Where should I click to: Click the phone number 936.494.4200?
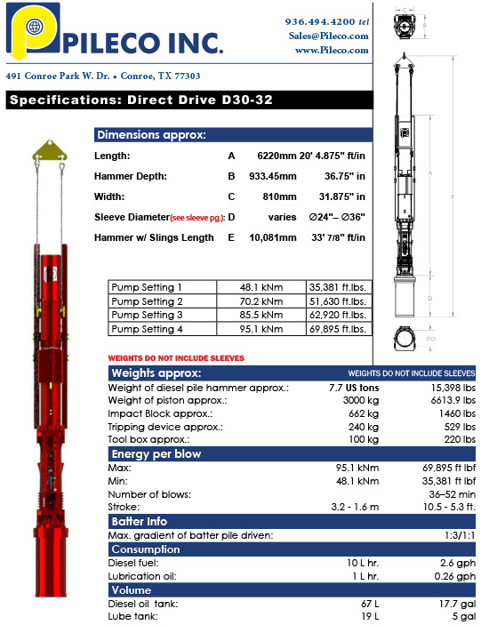(x=321, y=20)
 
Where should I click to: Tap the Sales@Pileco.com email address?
(x=327, y=36)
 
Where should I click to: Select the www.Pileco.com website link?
(x=332, y=51)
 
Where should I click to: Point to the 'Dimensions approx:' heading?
(x=151, y=135)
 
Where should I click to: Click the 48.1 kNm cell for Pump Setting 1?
(x=260, y=287)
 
